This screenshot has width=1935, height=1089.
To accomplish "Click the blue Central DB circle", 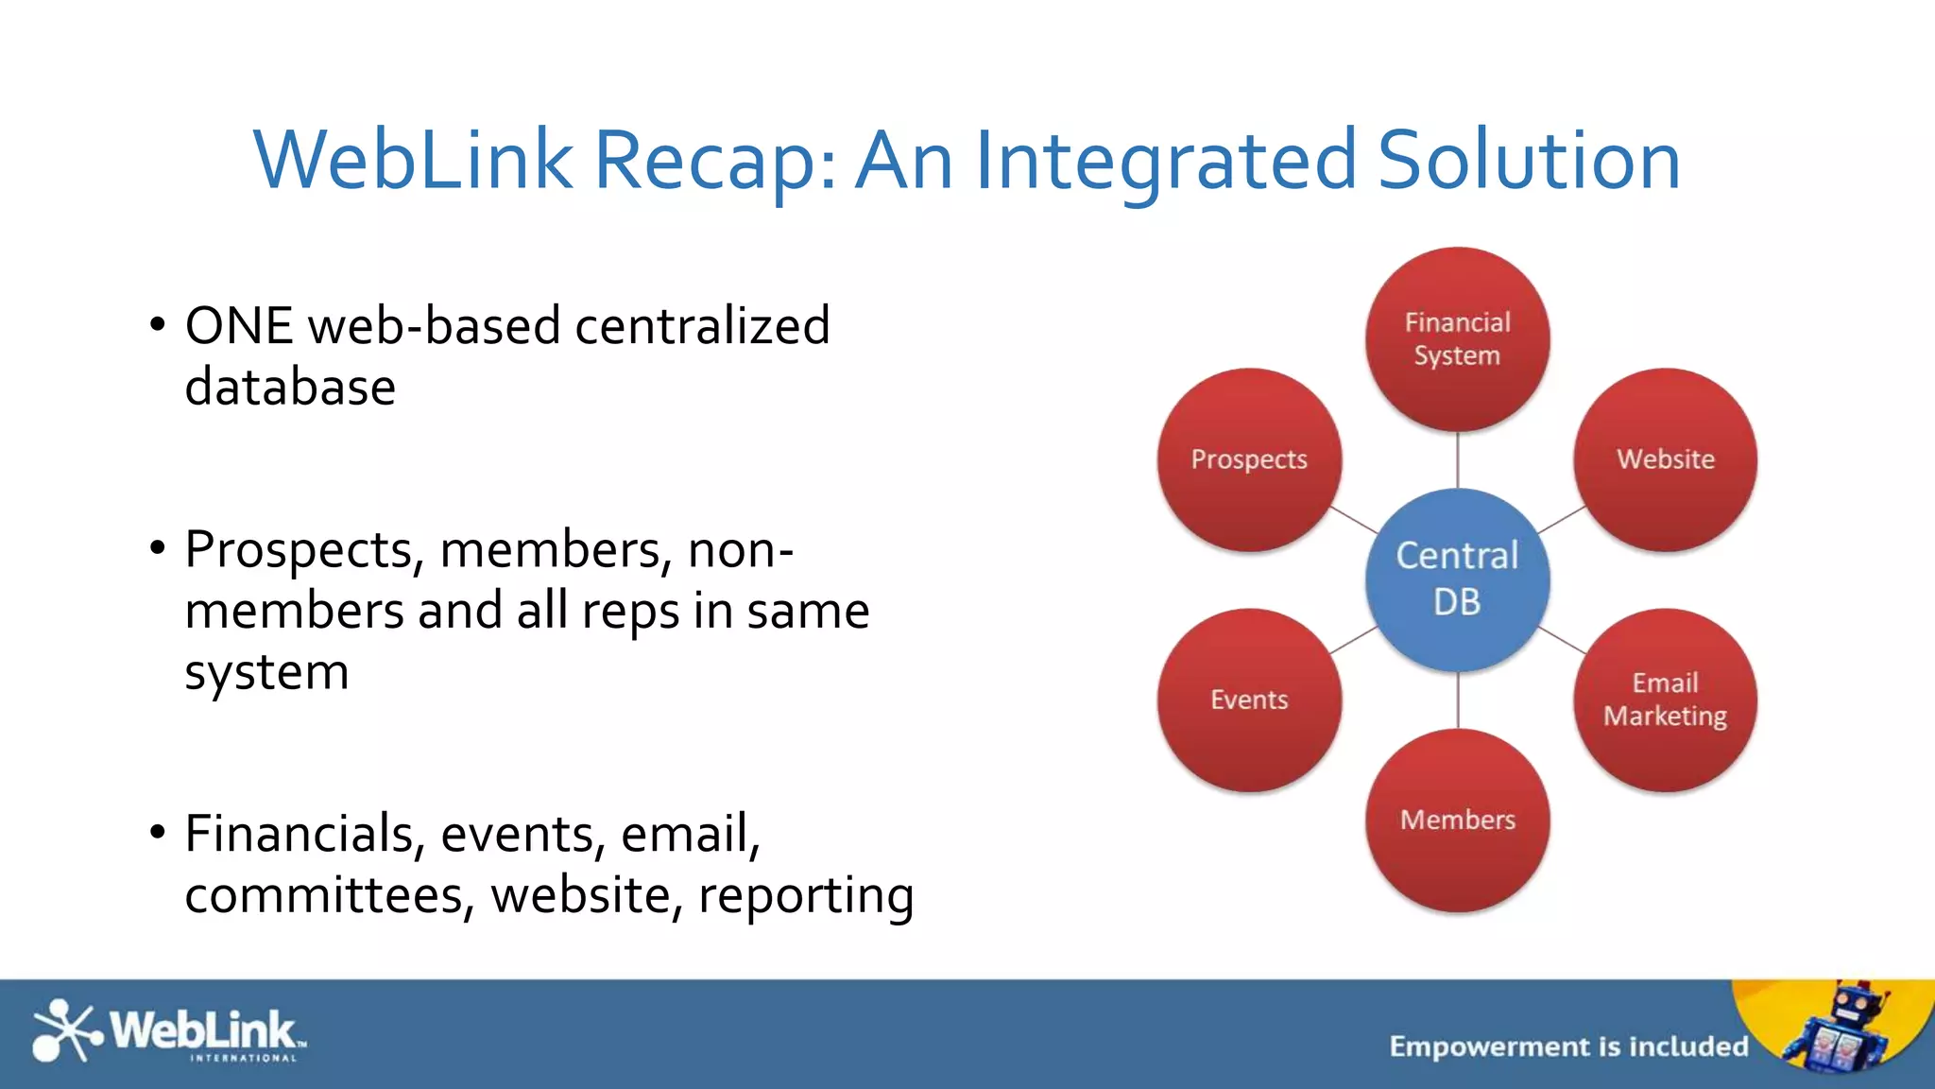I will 1457,579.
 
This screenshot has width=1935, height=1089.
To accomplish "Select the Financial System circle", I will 1457,338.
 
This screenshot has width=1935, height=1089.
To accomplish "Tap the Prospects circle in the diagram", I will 1249,459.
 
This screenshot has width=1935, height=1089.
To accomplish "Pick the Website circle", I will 1665,459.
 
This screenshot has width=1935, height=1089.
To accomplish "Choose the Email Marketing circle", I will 1665,700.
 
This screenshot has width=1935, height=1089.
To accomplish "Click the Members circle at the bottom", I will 1457,820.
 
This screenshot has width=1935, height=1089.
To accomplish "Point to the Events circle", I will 1249,700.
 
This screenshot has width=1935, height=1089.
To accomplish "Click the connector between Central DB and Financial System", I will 1458,460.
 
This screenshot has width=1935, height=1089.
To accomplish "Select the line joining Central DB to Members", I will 1458,700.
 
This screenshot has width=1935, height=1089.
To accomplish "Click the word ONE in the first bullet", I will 239,326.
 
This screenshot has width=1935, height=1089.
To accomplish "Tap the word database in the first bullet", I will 290,388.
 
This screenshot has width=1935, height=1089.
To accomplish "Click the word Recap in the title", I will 714,161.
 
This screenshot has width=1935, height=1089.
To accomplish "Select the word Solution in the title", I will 1529,161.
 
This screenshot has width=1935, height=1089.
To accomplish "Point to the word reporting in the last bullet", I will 806,896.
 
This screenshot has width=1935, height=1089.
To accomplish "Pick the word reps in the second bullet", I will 630,612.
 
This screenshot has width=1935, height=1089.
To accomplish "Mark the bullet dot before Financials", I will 158,833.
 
